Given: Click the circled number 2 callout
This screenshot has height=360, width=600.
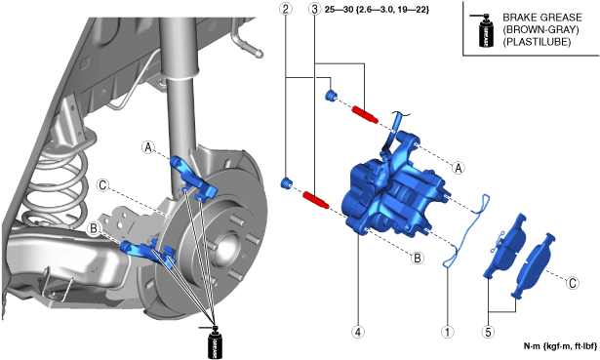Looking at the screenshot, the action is pos(286,9).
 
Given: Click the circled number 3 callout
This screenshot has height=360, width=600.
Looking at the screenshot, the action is pos(314,9).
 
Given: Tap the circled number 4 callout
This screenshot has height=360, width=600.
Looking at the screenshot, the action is pos(358,332).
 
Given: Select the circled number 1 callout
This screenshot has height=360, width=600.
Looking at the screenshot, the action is pos(448,332).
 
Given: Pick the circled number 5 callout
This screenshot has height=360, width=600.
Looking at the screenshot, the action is pos(488,332).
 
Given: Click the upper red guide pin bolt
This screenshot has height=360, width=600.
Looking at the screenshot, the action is pos(365,114).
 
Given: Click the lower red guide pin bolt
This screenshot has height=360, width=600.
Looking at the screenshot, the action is pos(316,200).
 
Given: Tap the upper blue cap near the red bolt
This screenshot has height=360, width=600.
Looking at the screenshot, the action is pos(330,96).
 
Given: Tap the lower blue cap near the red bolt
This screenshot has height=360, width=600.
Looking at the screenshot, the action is pos(286,182).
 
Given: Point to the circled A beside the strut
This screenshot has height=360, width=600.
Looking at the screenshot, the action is pos(148,147).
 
